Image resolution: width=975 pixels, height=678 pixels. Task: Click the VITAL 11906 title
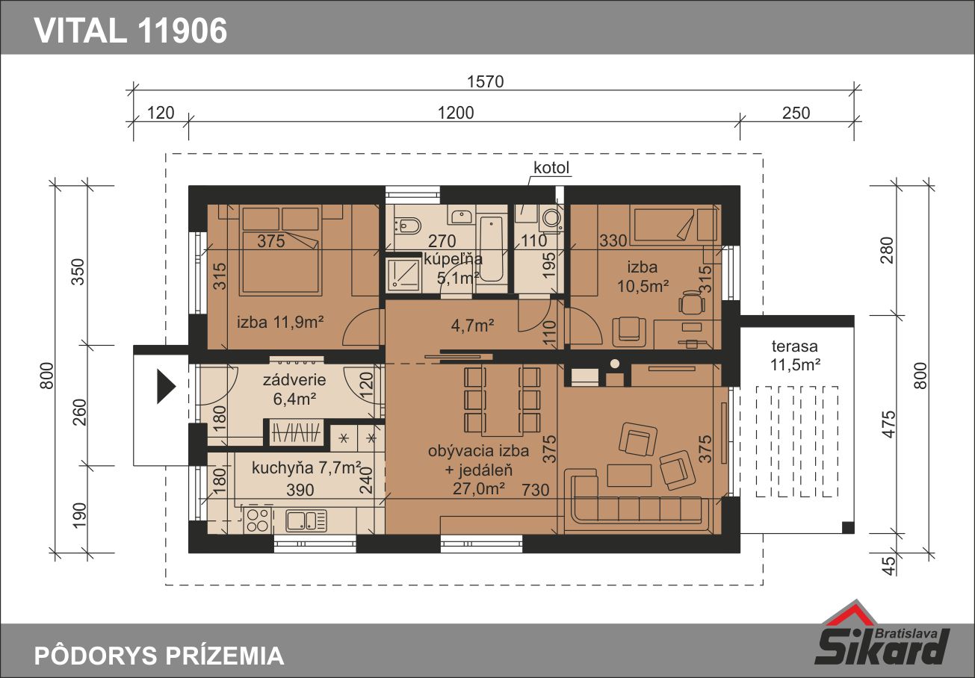click(x=131, y=31)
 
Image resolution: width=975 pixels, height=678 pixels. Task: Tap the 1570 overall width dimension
click(x=485, y=81)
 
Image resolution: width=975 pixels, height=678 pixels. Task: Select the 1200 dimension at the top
click(x=455, y=113)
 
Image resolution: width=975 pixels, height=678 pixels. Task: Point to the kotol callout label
click(x=551, y=167)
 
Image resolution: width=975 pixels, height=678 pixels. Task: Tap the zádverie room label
click(x=294, y=380)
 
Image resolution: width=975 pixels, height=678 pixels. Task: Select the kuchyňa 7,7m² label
click(x=306, y=468)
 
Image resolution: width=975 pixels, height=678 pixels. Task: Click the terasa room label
click(x=794, y=346)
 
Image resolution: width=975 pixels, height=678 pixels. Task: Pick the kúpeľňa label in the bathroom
click(x=453, y=259)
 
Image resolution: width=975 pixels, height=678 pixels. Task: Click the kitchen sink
click(x=306, y=520)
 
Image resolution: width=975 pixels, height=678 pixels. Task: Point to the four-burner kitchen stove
click(x=257, y=520)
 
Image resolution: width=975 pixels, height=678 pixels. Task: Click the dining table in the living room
click(x=502, y=400)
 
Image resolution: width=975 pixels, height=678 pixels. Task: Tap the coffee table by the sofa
click(x=629, y=476)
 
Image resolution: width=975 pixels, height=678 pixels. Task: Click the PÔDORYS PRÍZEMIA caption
click(x=159, y=656)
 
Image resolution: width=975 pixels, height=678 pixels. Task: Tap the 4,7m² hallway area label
click(x=472, y=326)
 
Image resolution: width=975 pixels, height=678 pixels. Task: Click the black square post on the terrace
click(x=848, y=527)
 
